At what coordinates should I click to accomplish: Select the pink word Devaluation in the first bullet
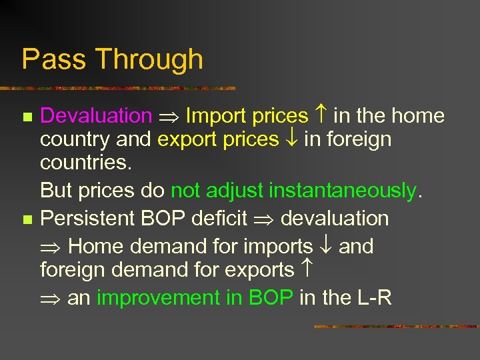tap(96, 116)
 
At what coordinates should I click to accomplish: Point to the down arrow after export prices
tap(291, 139)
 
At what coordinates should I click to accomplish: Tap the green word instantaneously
tap(342, 191)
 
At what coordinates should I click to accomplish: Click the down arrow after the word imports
tap(325, 246)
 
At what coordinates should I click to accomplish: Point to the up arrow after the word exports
tap(306, 270)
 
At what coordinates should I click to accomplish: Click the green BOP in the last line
tap(270, 298)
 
